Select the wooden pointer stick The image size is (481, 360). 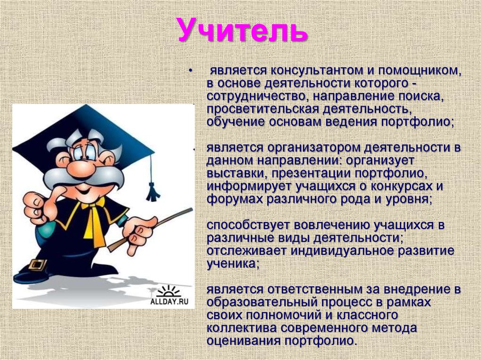point(155,225)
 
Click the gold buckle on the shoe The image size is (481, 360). point(38,264)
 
